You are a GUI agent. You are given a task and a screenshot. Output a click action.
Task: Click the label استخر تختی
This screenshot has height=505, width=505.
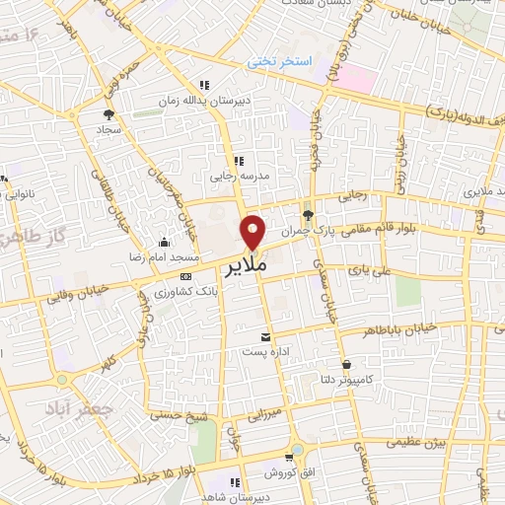279,62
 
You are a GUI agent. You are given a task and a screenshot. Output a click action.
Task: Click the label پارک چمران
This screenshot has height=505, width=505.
302,230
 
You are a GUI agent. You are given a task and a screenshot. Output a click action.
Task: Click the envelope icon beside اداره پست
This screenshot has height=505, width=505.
262,336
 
